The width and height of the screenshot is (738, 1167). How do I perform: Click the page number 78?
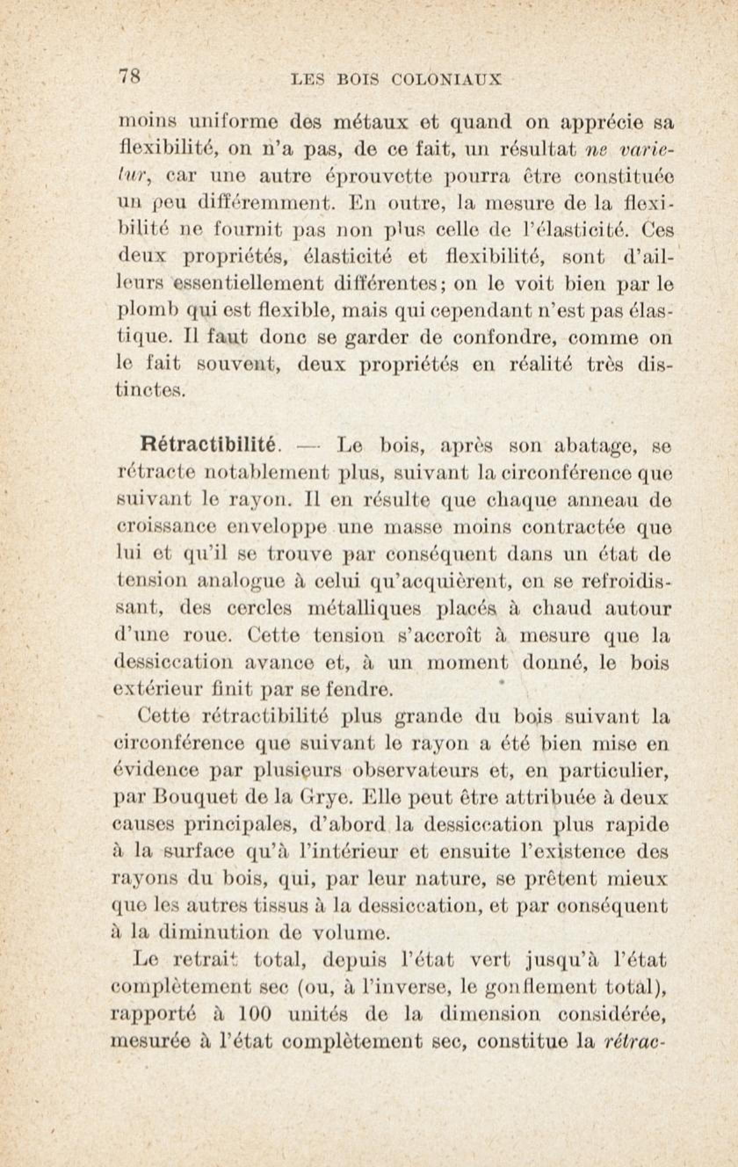[x=130, y=76]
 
